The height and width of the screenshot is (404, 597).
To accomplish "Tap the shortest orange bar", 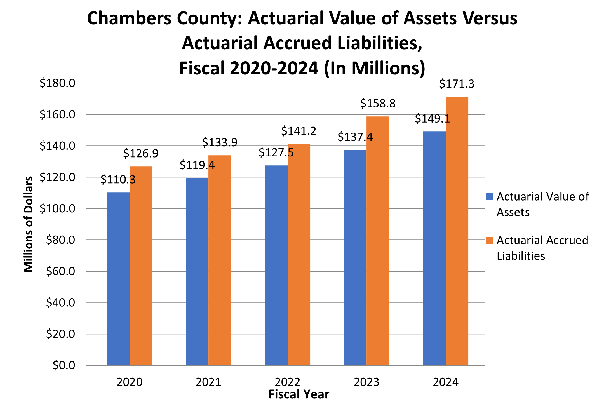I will coord(141,266).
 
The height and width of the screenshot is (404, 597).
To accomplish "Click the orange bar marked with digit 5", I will coord(299,254).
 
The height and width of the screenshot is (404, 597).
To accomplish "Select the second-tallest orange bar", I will coord(378,241).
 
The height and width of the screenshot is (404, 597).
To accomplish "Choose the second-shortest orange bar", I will coord(220,260).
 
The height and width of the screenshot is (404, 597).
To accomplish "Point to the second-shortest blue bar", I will coord(197,271).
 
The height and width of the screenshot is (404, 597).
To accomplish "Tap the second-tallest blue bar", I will coord(355,257).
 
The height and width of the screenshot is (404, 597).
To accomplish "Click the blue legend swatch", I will coord(490,196).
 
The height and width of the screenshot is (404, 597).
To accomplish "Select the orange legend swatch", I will coord(490,240).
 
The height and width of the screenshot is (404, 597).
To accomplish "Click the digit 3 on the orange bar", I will coord(133,180).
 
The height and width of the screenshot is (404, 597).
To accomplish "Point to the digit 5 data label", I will coord(291,153).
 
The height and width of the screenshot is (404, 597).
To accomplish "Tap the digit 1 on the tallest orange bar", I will coord(447,119).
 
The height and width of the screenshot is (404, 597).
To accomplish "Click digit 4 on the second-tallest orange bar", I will coord(370,137).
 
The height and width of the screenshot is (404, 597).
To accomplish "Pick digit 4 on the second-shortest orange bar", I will coord(211,165).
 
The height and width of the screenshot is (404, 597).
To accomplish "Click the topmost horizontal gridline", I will coord(280,83).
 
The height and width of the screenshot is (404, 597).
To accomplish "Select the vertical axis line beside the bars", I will coord(90,224).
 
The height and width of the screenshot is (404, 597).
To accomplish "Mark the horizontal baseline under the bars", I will coord(280,365).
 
